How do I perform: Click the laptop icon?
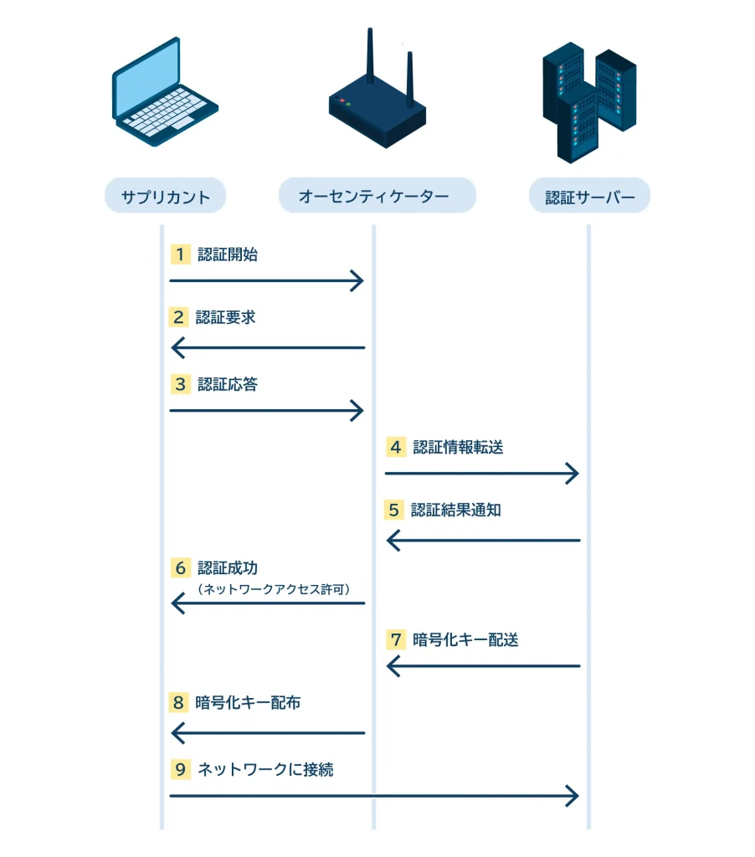click(164, 94)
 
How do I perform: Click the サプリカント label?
click(165, 198)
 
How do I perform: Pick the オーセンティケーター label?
click(377, 198)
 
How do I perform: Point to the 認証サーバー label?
click(589, 198)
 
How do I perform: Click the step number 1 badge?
click(179, 254)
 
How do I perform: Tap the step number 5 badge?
click(393, 510)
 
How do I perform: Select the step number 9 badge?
click(179, 769)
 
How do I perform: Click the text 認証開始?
click(228, 254)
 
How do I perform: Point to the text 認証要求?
click(226, 317)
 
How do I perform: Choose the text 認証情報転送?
click(458, 447)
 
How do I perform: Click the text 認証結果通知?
click(456, 510)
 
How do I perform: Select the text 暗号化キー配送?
click(465, 639)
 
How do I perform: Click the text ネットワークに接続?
click(265, 769)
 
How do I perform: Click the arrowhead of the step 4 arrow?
click(573, 474)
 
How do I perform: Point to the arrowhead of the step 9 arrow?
click(573, 796)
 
